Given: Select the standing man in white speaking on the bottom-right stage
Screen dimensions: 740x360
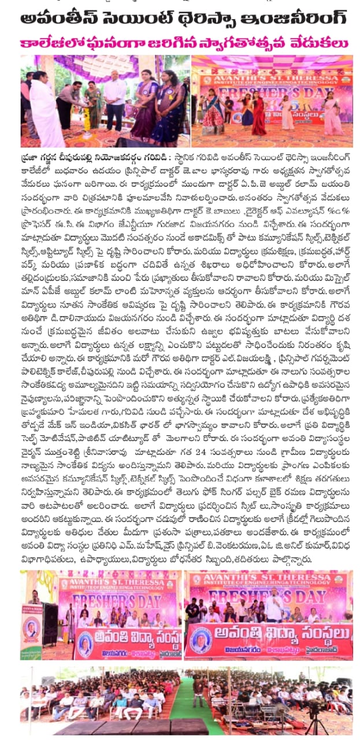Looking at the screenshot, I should pyautogui.click(x=276, y=604).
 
